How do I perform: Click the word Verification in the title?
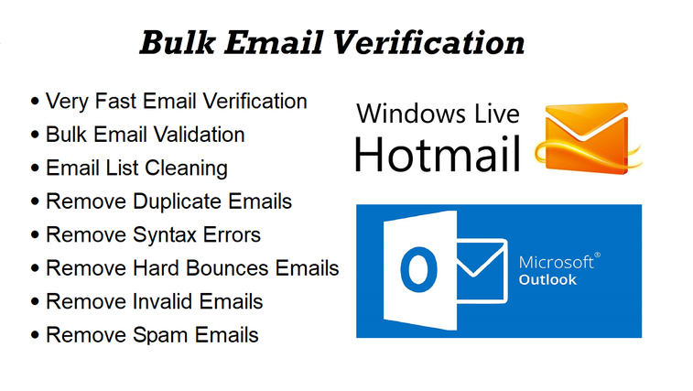[x=428, y=43]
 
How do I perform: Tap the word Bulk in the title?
[x=178, y=43]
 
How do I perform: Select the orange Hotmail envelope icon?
[x=588, y=138]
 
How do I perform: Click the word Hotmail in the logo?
[x=437, y=154]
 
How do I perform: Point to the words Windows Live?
[x=438, y=114]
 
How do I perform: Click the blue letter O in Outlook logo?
[x=418, y=270]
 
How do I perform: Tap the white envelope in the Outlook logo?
[x=482, y=271]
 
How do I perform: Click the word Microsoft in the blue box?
[x=556, y=262]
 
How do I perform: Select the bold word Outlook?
[x=547, y=279]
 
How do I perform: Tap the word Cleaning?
[x=186, y=169]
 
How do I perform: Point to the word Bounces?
[x=227, y=268]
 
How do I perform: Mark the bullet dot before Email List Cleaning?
[x=35, y=169]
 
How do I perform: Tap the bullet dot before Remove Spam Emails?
[x=35, y=336]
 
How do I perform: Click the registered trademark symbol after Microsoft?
[x=597, y=255]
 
